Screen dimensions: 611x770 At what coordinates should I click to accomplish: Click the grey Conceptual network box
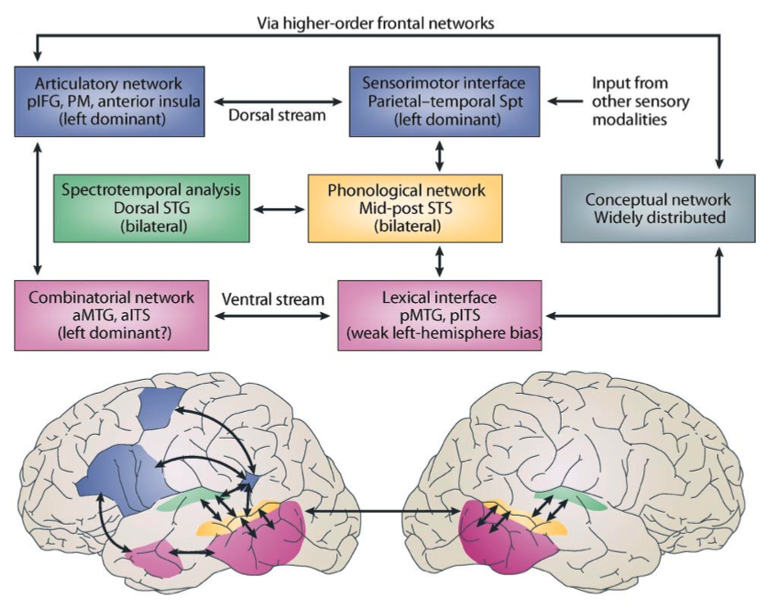pyautogui.click(x=657, y=208)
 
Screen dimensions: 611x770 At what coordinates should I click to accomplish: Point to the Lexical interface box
pyautogui.click(x=439, y=315)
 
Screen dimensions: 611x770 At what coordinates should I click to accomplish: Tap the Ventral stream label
pyautogui.click(x=273, y=300)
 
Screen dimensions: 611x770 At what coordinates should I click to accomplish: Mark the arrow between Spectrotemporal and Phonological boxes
pyautogui.click(x=279, y=209)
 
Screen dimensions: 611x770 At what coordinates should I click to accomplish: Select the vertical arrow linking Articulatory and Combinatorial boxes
pyautogui.click(x=36, y=208)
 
